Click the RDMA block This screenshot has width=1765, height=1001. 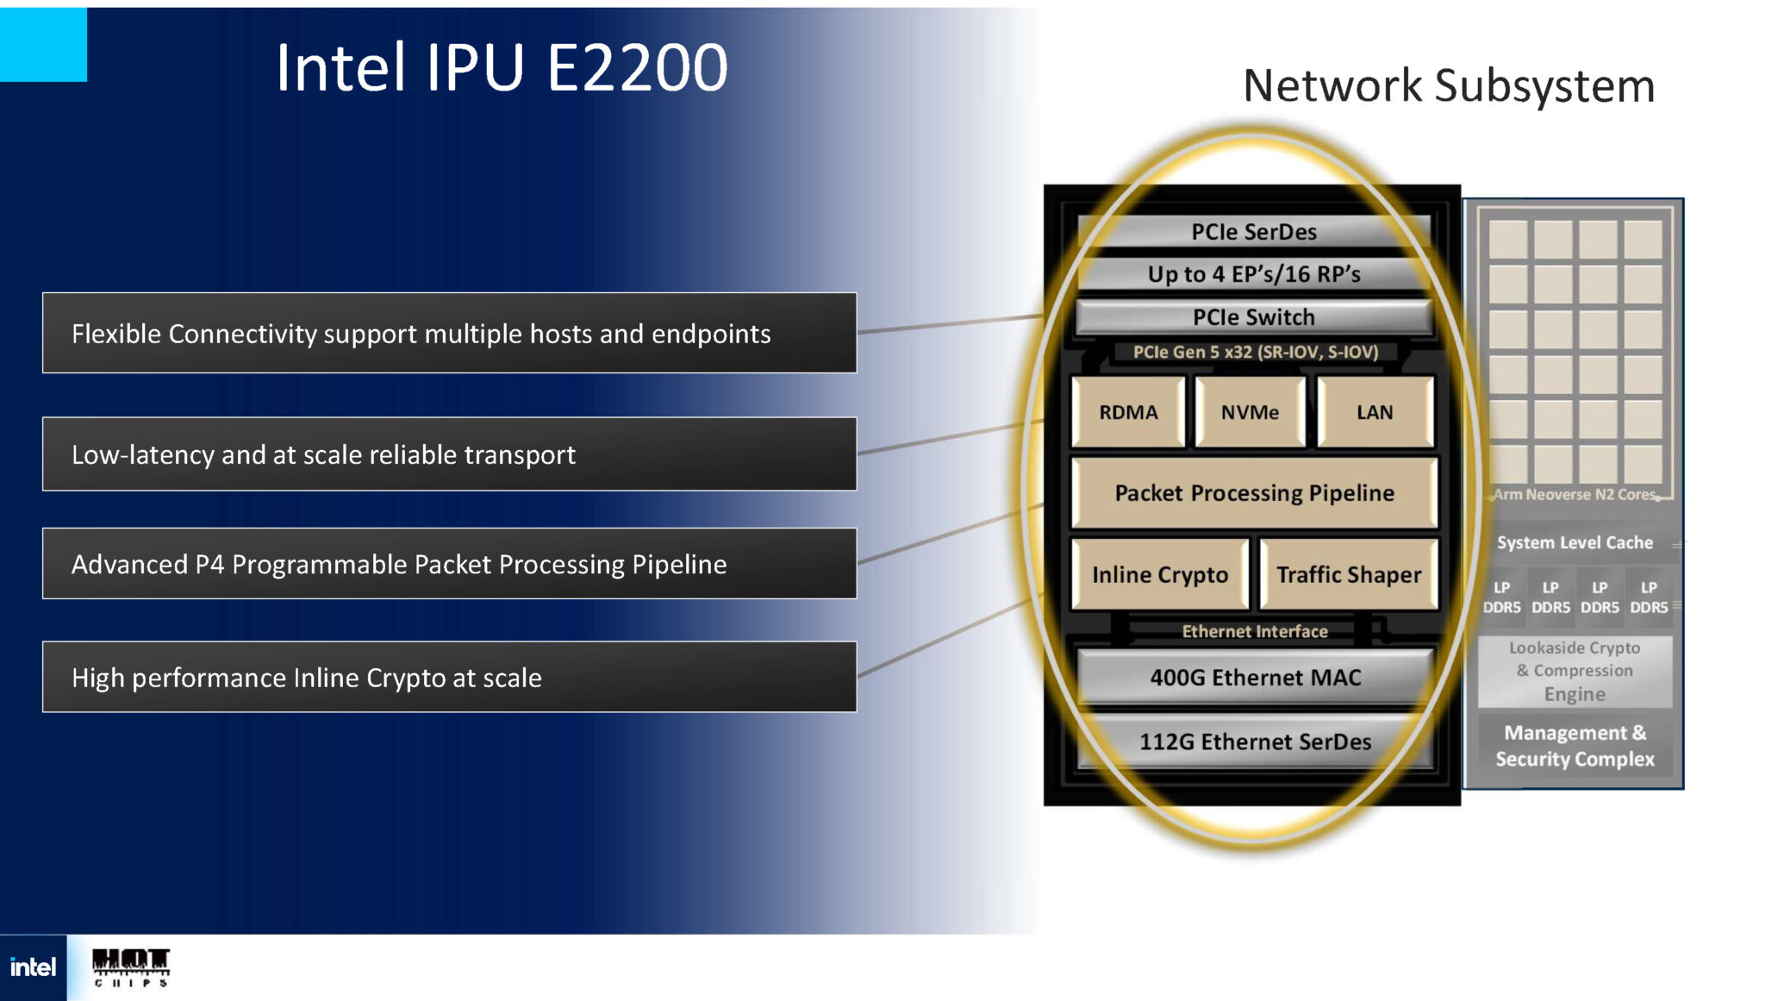point(1128,412)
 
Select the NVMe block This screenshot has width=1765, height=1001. point(1250,412)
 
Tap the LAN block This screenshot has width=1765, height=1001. point(1375,412)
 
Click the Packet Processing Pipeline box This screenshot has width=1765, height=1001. point(1254,493)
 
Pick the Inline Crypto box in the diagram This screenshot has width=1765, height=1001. point(1160,574)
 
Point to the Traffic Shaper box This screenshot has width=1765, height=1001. point(1349,574)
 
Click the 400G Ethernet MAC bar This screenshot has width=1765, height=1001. point(1255,678)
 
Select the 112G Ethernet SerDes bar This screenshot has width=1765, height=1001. point(1255,741)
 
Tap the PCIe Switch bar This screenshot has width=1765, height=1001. point(1254,317)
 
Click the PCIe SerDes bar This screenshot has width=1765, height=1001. point(1254,232)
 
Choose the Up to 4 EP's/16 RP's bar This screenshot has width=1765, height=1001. point(1254,274)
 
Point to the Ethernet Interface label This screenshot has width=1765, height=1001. point(1255,631)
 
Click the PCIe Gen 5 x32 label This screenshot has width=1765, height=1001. point(1256,352)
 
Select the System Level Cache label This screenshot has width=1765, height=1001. point(1575,542)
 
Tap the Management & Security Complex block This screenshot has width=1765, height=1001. point(1575,746)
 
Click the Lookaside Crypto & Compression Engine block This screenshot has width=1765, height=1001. point(1575,671)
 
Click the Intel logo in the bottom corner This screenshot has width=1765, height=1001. point(33,967)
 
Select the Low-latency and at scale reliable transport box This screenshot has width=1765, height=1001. point(449,454)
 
